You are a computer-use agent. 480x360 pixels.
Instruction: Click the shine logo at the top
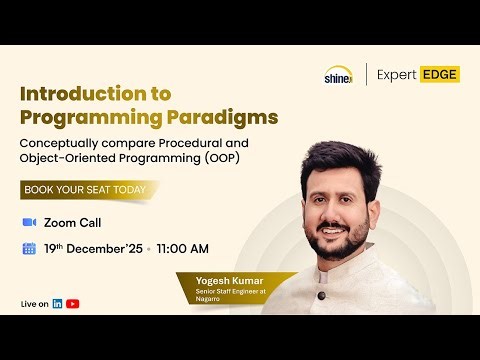click(x=337, y=74)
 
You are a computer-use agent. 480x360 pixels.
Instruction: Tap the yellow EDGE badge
click(x=439, y=74)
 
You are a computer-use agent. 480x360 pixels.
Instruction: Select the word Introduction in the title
click(x=82, y=93)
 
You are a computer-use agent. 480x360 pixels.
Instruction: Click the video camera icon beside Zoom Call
click(x=28, y=222)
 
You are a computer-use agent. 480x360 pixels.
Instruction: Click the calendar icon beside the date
click(x=28, y=248)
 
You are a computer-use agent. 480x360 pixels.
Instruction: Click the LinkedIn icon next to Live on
click(x=58, y=303)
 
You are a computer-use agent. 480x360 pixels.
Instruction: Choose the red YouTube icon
click(x=73, y=303)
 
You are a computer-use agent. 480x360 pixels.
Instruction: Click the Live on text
click(x=34, y=303)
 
